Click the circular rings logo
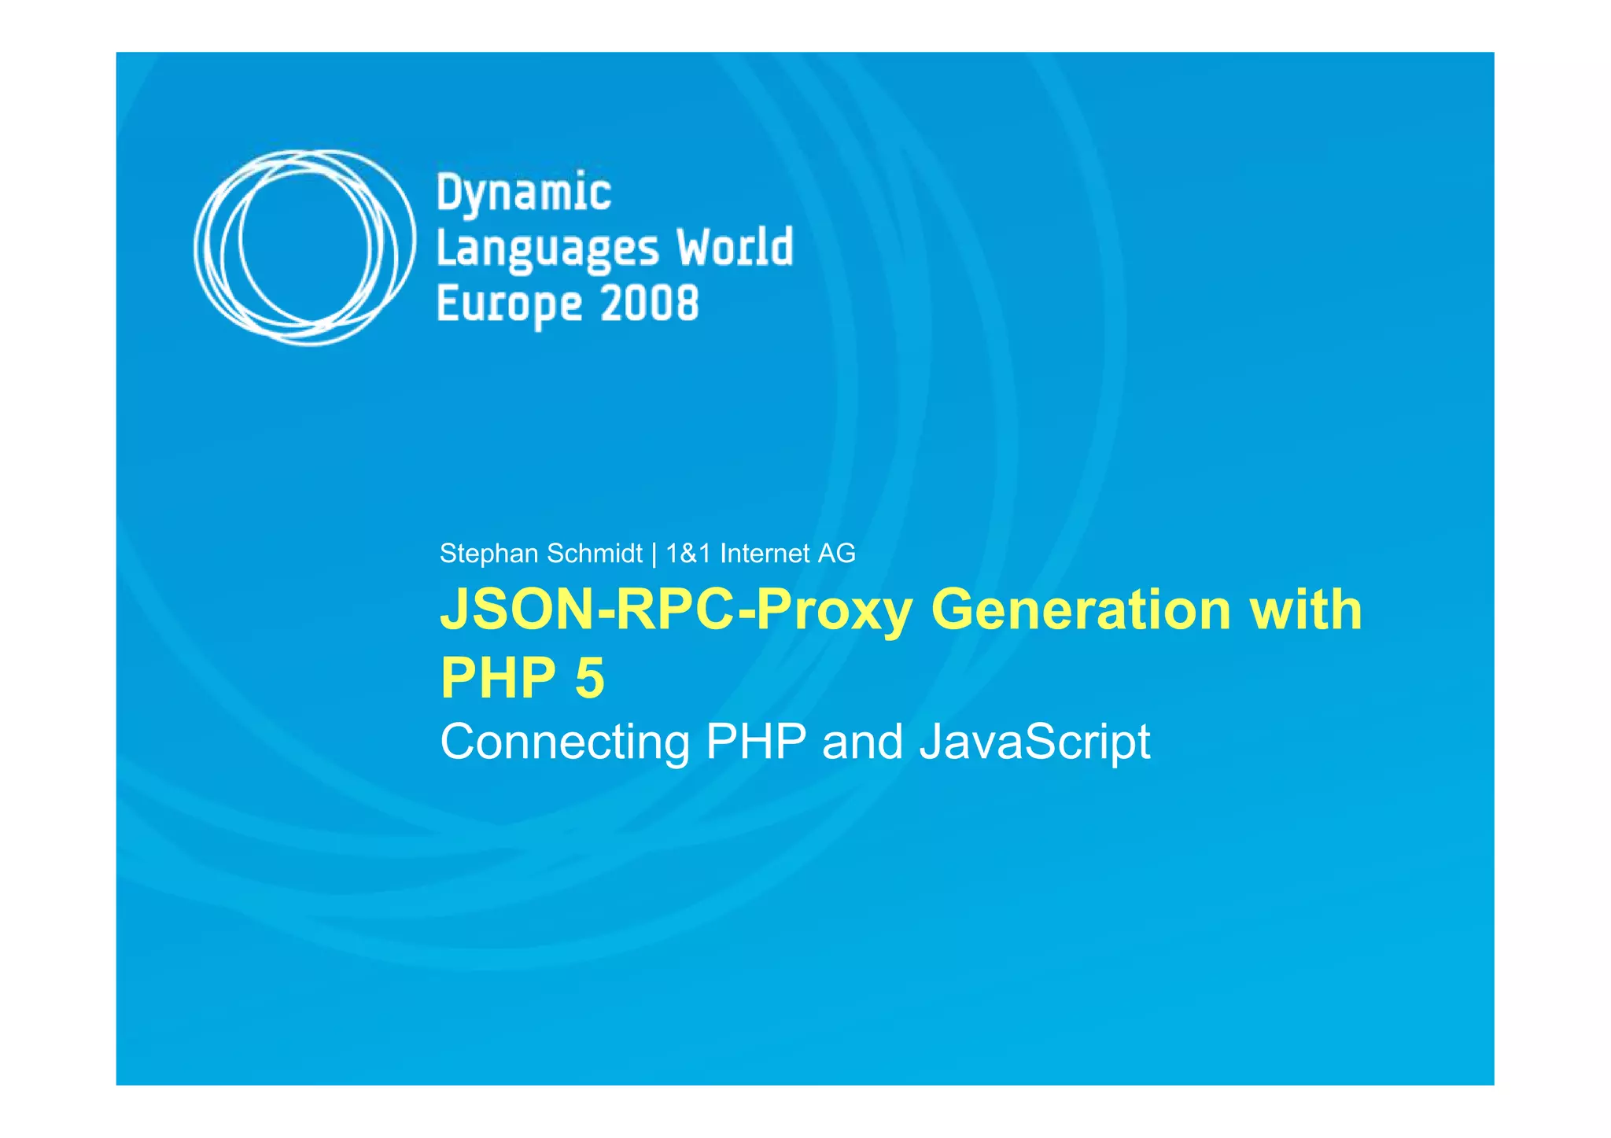(304, 247)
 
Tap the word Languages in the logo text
(547, 249)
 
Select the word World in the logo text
(735, 247)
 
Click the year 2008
(649, 304)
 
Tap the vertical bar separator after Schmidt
(654, 554)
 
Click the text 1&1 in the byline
(688, 554)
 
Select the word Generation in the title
(1081, 610)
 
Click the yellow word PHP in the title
(498, 678)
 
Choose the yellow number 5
(590, 678)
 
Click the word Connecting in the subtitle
(565, 742)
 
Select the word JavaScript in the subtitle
(1034, 742)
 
